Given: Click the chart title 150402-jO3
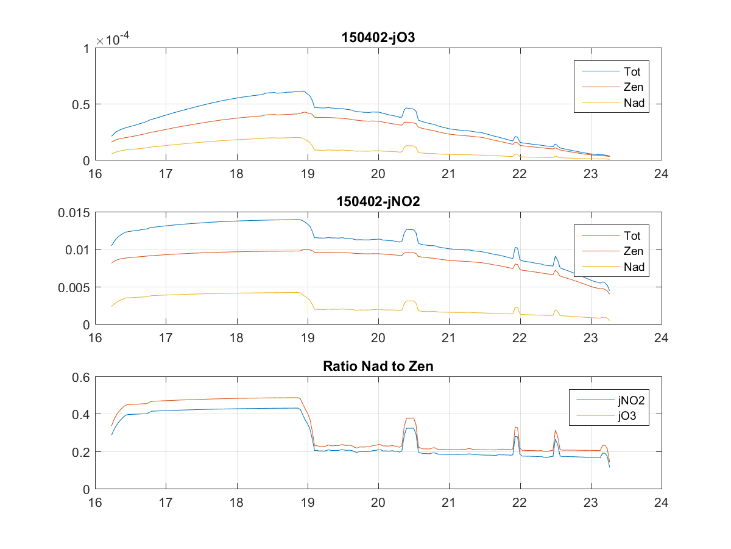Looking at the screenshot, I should coord(378,38).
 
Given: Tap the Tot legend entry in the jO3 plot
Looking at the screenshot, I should coord(632,71).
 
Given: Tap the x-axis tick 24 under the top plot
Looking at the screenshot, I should coord(661,173).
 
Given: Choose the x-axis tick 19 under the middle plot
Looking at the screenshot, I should coord(307,337).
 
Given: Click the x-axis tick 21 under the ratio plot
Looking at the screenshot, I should coord(448,502).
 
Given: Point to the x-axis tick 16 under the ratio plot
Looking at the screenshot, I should coord(95,502).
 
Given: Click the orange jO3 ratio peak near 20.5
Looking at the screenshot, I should coord(410,418).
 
